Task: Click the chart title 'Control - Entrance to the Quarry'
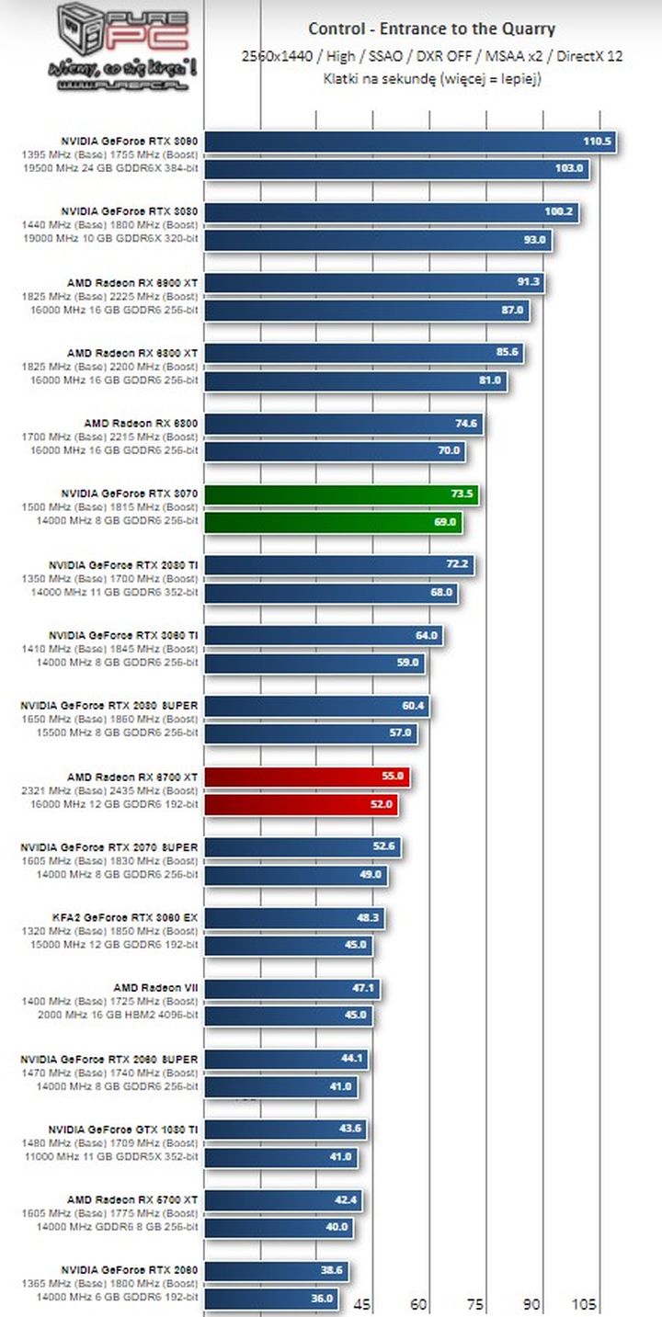click(431, 28)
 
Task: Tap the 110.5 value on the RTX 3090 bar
click(597, 142)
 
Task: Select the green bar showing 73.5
click(340, 494)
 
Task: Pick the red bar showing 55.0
click(306, 778)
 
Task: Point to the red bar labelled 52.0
click(301, 804)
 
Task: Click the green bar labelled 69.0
click(332, 521)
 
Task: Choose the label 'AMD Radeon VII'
click(155, 988)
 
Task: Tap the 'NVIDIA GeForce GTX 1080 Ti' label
click(123, 1129)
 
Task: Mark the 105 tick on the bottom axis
click(584, 1304)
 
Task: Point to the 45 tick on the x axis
click(362, 1304)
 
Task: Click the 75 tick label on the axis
click(474, 1304)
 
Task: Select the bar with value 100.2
click(391, 212)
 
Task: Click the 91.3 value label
click(529, 282)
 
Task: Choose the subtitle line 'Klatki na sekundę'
click(431, 79)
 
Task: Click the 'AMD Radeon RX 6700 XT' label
click(132, 777)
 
